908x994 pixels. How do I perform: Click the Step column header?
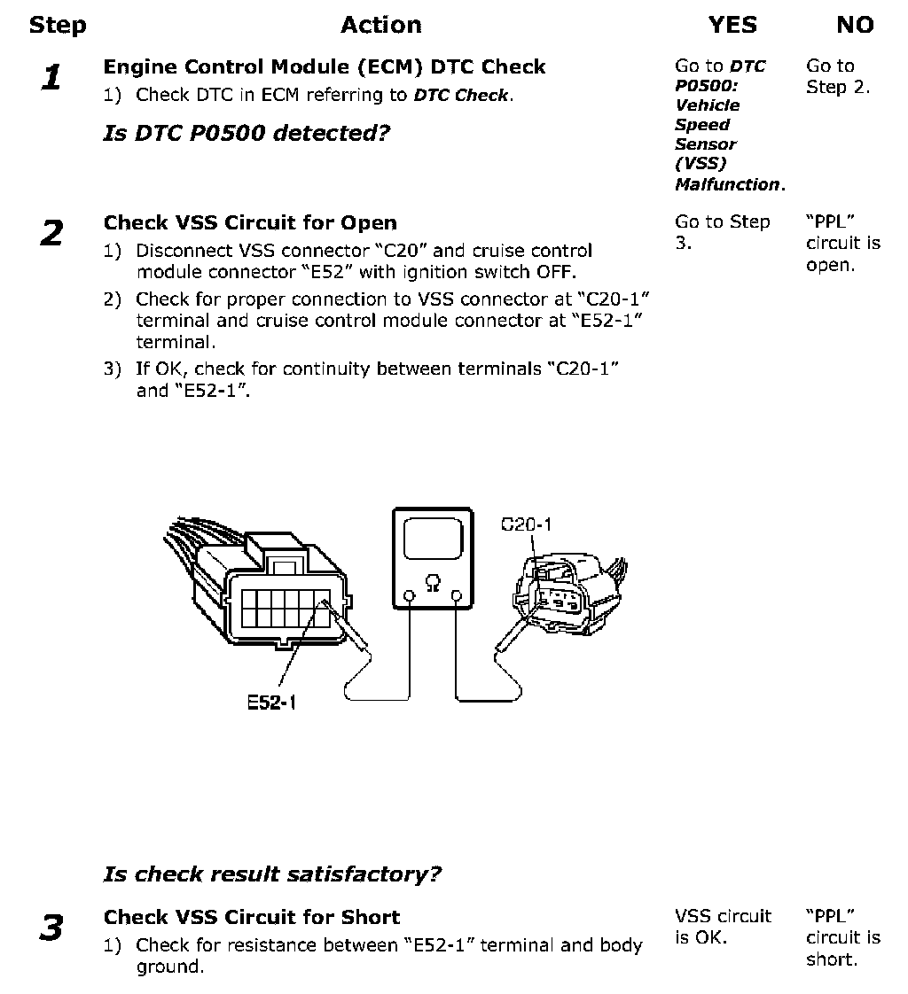[58, 26]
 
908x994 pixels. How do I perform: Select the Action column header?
[381, 26]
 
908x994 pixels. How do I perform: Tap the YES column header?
[732, 26]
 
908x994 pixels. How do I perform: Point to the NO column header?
[855, 26]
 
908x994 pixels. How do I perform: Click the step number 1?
[52, 79]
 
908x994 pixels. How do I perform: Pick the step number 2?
[52, 234]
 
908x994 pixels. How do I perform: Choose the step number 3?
[52, 928]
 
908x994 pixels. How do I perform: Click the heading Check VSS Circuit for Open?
[250, 222]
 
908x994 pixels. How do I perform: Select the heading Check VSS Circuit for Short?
[252, 917]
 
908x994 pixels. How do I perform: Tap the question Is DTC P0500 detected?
[247, 134]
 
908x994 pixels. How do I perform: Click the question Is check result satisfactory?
[272, 874]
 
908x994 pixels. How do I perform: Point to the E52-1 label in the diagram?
[271, 703]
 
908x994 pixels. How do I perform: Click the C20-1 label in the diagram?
[526, 524]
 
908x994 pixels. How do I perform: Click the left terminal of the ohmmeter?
[409, 596]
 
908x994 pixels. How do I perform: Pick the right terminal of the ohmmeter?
[458, 596]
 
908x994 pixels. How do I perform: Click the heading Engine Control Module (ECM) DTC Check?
[325, 66]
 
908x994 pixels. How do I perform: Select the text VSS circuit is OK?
[723, 927]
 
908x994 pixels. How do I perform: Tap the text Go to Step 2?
[837, 76]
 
